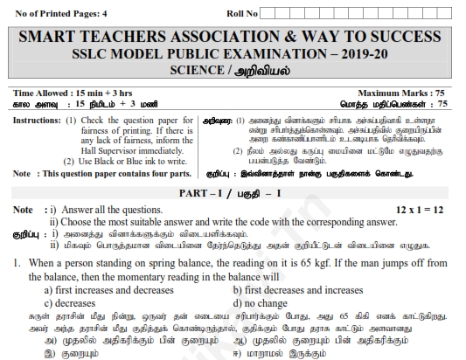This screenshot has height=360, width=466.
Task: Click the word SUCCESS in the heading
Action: tap(401, 37)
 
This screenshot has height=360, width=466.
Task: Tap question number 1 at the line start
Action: tap(17, 263)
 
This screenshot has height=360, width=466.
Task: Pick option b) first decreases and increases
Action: tap(297, 289)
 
